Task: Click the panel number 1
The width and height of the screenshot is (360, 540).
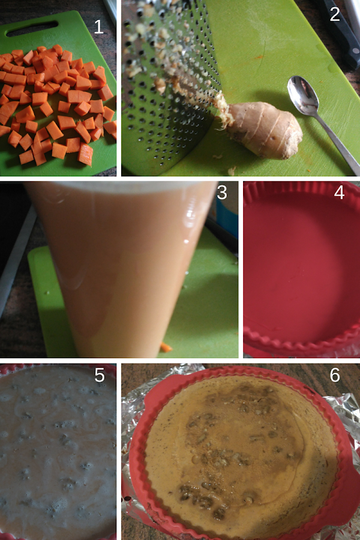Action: [98, 26]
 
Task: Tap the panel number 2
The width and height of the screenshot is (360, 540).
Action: [335, 14]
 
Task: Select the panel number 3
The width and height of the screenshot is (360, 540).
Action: [222, 193]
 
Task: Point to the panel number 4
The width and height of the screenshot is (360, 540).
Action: [339, 193]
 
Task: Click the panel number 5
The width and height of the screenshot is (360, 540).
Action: [99, 375]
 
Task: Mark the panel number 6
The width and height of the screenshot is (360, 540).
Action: [335, 375]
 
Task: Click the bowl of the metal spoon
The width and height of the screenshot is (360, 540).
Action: [302, 94]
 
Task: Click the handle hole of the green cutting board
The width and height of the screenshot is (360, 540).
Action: [32, 28]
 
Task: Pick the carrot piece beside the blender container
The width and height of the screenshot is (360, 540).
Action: [166, 347]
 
